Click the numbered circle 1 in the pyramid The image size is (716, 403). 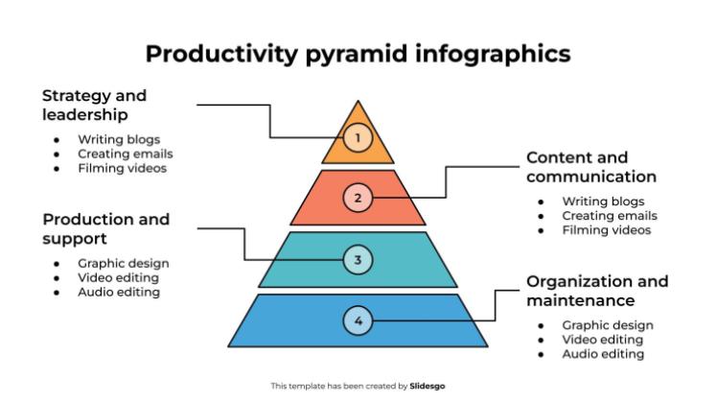point(358,138)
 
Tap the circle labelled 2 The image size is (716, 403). point(358,199)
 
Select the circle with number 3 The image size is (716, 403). point(358,259)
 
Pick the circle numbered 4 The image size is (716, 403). point(358,320)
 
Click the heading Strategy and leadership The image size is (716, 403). point(94,106)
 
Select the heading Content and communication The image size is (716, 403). point(591,167)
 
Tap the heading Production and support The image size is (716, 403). point(105,228)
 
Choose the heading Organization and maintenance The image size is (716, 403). point(597,291)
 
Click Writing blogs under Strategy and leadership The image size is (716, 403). point(119,140)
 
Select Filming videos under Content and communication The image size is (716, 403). point(606,230)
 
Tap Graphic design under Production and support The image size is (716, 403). point(123,263)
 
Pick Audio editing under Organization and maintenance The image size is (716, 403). point(602,354)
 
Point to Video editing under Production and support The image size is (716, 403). point(118,277)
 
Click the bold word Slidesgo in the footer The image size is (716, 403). point(427,386)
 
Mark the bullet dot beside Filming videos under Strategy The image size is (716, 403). point(57,168)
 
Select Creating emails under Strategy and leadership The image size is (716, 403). point(125,154)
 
